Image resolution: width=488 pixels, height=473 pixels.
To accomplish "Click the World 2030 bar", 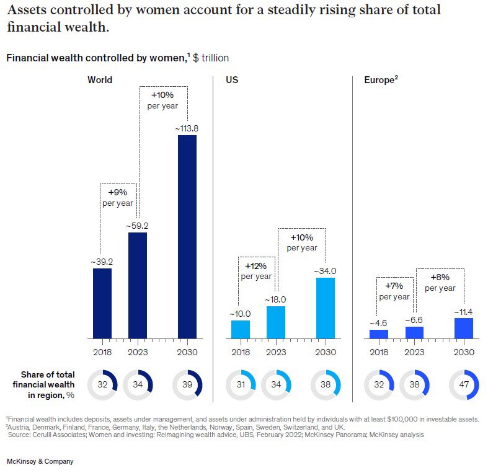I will (x=187, y=237).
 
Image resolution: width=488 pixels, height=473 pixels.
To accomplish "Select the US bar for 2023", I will (x=276, y=322).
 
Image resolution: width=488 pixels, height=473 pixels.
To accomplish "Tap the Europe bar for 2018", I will (x=379, y=334).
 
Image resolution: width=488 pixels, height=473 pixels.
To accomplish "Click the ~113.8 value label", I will (x=187, y=128).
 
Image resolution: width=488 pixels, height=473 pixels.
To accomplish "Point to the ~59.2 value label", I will (x=138, y=226).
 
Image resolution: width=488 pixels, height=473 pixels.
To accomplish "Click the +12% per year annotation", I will (x=255, y=271).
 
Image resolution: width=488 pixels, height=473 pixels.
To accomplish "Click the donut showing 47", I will (x=464, y=384).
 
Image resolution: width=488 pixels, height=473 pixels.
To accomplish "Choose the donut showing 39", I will (x=187, y=384).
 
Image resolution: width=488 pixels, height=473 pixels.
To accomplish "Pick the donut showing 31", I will (x=241, y=384).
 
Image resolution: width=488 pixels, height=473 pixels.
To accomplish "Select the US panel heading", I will (x=232, y=80).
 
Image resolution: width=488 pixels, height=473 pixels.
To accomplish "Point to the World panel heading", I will (x=100, y=80).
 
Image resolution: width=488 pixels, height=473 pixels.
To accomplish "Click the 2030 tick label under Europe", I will (x=464, y=352).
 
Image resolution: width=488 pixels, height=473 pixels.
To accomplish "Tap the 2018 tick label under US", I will (x=241, y=352).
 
